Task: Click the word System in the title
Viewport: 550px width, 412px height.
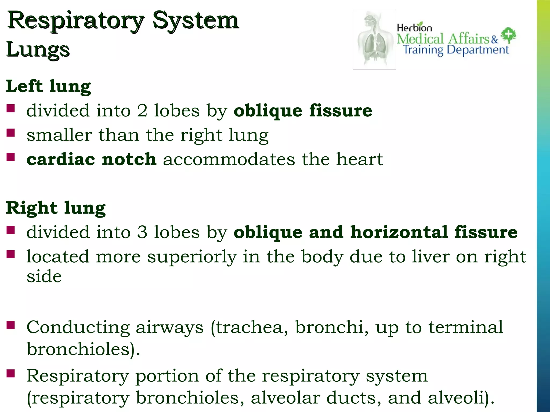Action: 196,21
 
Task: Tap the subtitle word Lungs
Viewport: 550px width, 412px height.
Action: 38,50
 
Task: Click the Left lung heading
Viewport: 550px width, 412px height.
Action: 48,86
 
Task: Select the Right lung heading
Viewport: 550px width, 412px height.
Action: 56,208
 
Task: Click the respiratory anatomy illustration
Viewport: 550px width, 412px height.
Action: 374,39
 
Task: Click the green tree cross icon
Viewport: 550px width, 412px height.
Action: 508,35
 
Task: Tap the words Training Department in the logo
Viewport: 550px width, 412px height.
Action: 456,50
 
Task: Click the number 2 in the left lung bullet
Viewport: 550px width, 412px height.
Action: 142,111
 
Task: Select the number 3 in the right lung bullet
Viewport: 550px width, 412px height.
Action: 142,232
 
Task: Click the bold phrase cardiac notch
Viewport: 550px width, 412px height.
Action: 91,159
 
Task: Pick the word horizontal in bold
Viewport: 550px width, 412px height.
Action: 399,232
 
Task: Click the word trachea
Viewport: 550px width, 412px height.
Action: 249,328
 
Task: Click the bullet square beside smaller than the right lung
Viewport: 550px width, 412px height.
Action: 11,133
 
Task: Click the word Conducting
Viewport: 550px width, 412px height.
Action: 78,328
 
